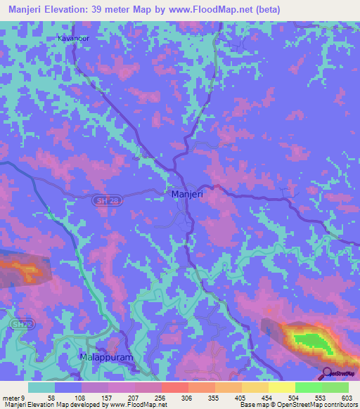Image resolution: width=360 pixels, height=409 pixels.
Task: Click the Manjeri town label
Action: (x=186, y=193)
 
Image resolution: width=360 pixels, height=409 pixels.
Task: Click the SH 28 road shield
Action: (x=102, y=200)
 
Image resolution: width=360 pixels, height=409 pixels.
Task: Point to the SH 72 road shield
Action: (x=21, y=325)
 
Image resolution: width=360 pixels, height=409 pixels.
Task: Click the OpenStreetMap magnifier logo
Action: (x=328, y=372)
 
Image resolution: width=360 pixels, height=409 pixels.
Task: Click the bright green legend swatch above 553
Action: (x=309, y=387)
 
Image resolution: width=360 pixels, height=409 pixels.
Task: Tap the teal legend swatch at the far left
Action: (x=41, y=387)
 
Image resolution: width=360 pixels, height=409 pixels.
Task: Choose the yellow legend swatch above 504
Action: (x=282, y=387)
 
